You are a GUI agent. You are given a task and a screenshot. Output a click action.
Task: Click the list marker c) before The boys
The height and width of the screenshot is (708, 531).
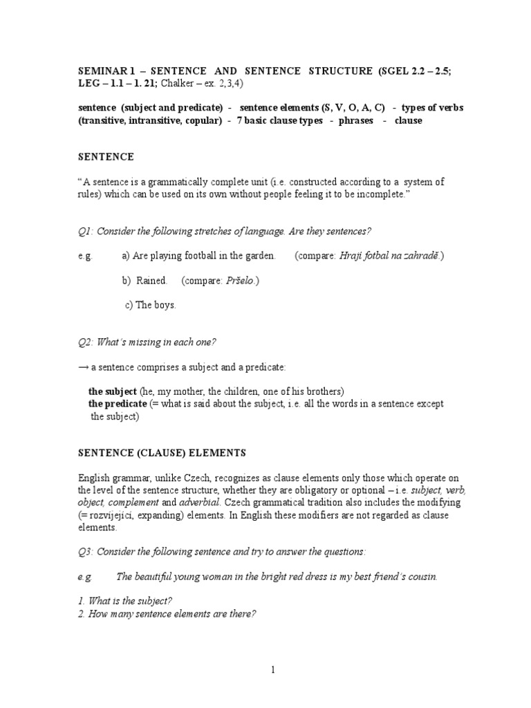click(x=129, y=306)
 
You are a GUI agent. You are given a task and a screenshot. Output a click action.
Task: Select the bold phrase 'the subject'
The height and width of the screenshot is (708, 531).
click(x=113, y=391)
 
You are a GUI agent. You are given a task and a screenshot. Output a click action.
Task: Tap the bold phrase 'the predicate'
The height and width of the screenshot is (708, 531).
click(x=118, y=404)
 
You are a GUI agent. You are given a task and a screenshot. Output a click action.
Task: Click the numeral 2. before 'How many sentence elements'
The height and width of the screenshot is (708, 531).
click(x=80, y=613)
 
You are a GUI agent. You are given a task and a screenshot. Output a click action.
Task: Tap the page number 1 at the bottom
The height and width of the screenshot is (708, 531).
click(x=273, y=669)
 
